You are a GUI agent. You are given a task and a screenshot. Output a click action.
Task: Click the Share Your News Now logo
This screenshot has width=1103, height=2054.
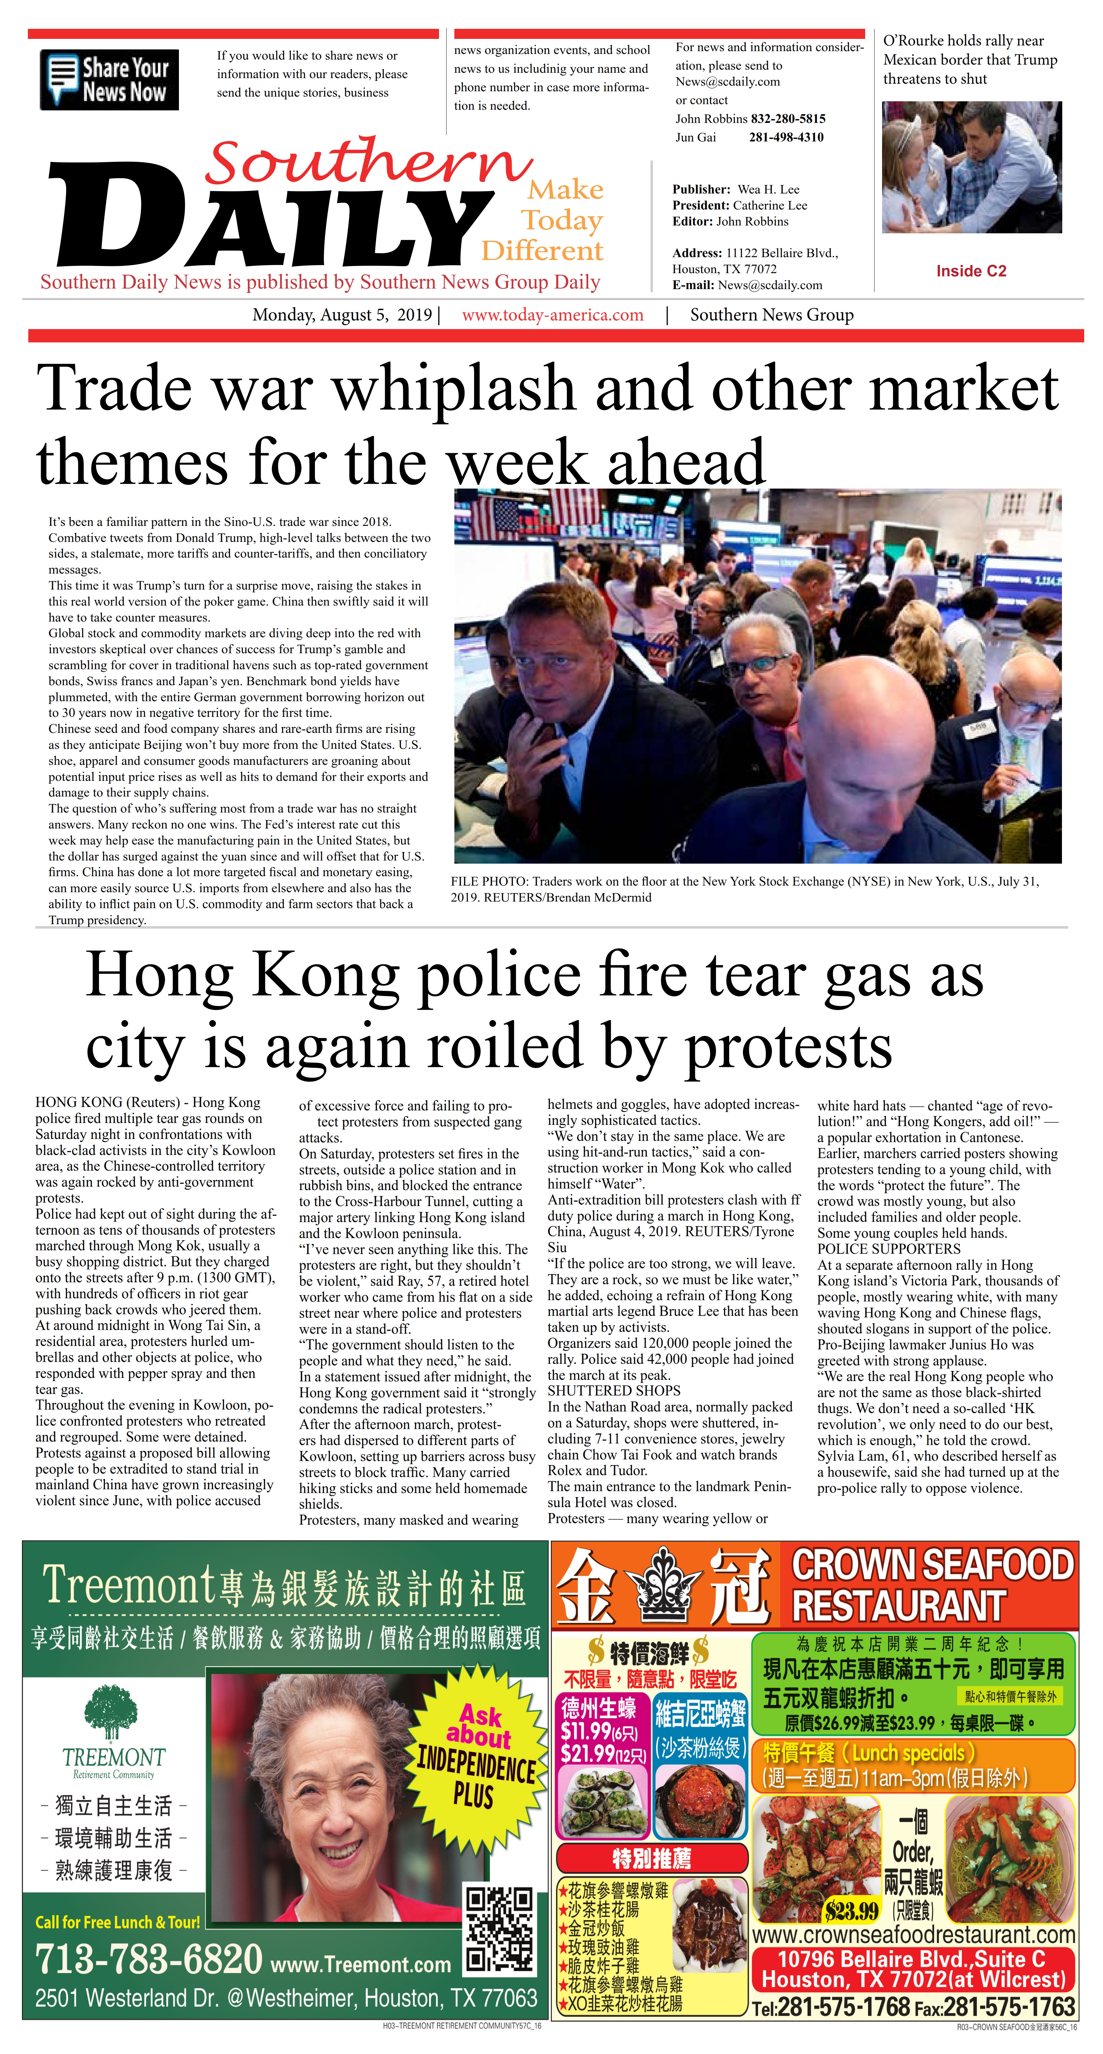(109, 80)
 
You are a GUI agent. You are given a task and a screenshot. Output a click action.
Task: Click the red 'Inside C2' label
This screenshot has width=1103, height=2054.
(971, 271)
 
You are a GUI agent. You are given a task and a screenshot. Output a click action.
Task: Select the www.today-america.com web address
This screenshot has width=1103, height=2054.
(552, 315)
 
